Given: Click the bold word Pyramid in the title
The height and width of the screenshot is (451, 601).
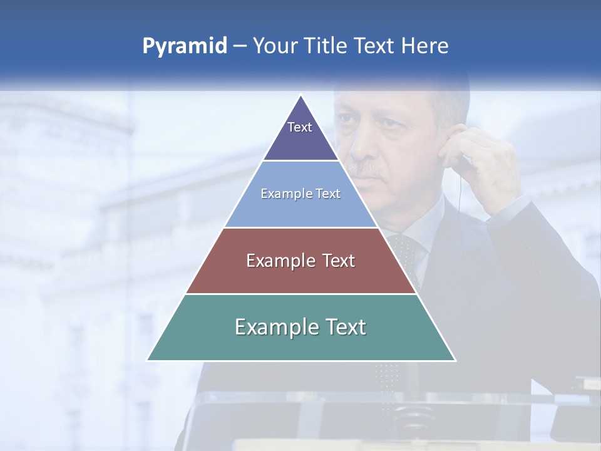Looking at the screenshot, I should click(x=184, y=46).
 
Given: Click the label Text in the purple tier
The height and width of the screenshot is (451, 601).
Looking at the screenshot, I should click(x=300, y=127).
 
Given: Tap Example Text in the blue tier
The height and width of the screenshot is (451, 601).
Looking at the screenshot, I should click(x=300, y=194).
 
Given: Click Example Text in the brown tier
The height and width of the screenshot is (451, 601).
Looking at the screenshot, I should click(x=300, y=261).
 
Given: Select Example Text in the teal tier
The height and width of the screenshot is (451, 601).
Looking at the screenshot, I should click(x=300, y=327).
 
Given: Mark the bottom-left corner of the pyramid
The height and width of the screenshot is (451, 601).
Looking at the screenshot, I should click(x=148, y=360).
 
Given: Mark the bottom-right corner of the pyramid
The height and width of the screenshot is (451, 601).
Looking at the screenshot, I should click(x=455, y=360).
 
